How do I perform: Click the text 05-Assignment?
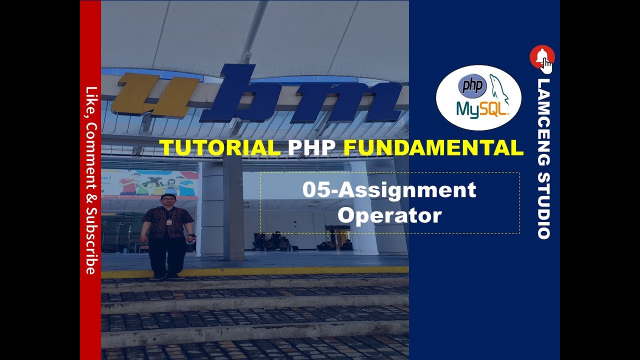tap(389, 190)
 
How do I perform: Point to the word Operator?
tap(389, 215)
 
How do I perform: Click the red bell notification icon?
tap(541, 56)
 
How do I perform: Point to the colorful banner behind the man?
tap(155, 182)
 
